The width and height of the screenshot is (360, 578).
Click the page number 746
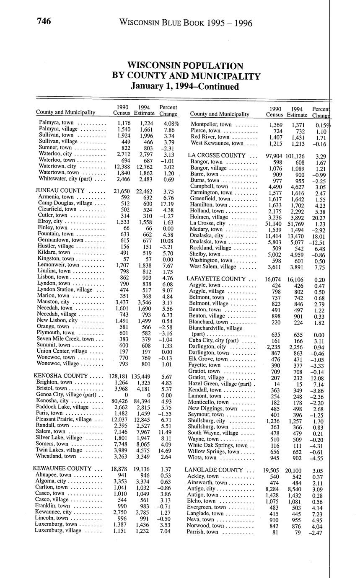[43, 21]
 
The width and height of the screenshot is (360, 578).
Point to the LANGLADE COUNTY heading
[214, 470]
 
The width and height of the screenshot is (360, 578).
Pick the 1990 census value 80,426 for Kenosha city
[121, 401]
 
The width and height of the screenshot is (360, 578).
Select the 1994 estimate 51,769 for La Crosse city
[296, 224]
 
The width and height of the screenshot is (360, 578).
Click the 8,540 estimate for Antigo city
[296, 489]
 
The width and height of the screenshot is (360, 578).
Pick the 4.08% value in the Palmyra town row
[170, 123]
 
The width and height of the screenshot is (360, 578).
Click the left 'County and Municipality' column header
[65, 112]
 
